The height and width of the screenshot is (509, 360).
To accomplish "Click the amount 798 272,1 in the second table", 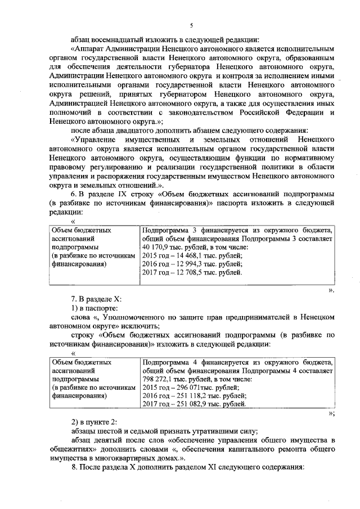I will pos(159,379).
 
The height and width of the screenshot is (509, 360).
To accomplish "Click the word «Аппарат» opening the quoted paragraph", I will pos(89,49).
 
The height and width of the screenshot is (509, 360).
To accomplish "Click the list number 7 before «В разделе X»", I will pos(72,298).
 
